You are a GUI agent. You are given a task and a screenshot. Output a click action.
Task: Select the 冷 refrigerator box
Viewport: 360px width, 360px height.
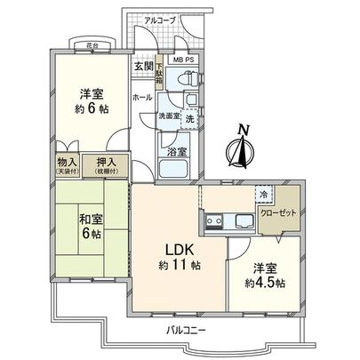[x=264, y=195]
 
